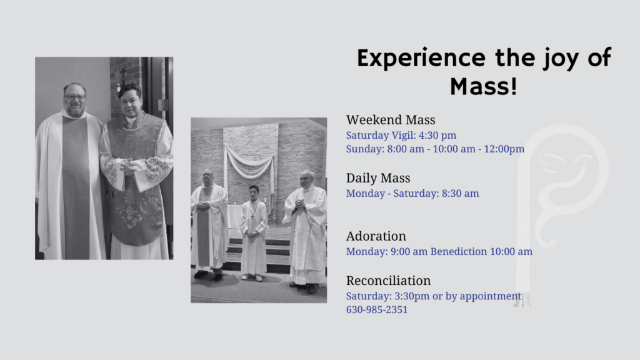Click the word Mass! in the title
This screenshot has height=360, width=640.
[x=484, y=86]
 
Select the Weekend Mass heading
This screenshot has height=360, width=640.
[x=391, y=120]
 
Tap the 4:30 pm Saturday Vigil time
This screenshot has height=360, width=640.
[x=437, y=135]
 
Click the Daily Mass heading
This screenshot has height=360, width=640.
[x=378, y=178]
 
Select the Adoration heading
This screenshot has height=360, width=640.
[x=376, y=236]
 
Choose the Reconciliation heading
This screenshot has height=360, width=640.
[x=388, y=281]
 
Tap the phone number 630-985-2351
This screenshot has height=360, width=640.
[x=377, y=310]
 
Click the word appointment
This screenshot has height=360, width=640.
[x=490, y=296]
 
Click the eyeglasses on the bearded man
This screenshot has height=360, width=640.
[x=75, y=97]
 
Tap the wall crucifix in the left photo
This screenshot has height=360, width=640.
[x=122, y=76]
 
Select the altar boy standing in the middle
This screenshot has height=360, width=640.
[x=254, y=233]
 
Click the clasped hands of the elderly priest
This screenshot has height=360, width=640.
[x=301, y=204]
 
